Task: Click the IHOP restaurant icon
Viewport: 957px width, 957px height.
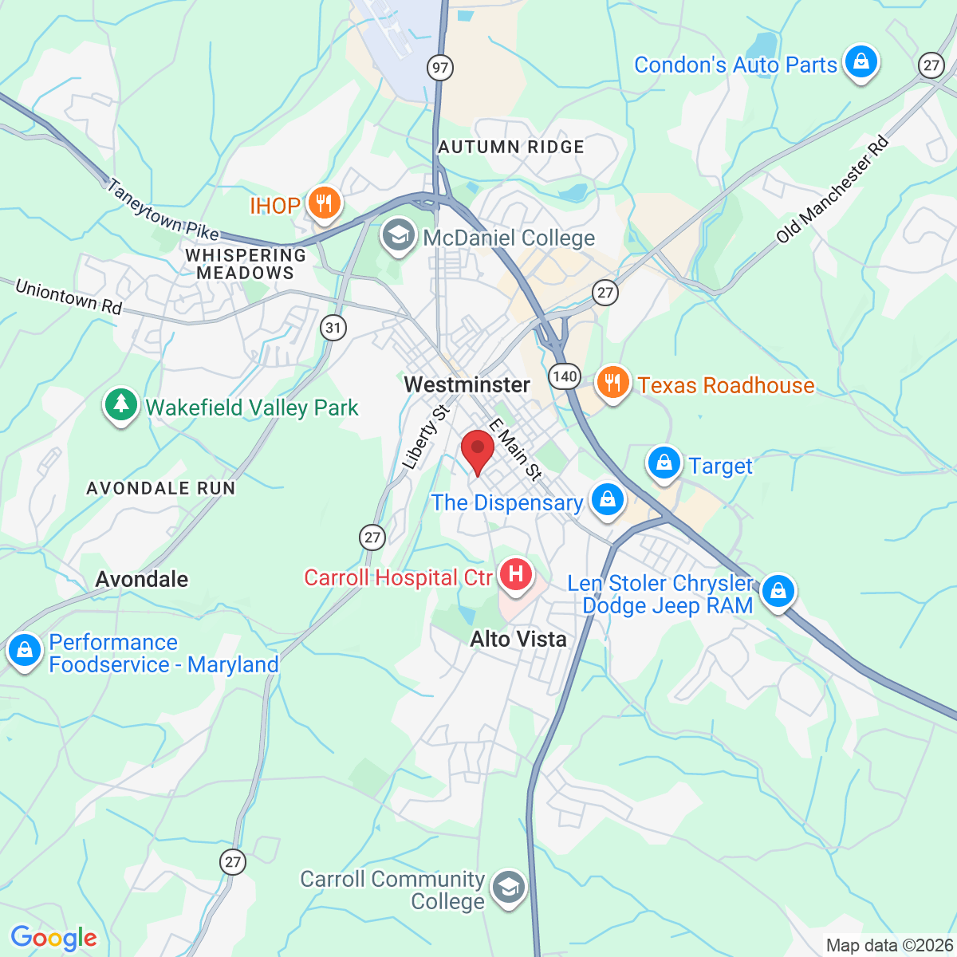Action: coord(323,204)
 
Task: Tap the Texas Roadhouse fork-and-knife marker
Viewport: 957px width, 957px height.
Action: coord(612,384)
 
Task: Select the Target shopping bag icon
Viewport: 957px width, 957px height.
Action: coord(664,463)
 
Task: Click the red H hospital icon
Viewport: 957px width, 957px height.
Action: coord(515,575)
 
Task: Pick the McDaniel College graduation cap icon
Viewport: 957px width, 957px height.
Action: coord(398,236)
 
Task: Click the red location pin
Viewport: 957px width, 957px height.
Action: coord(478,451)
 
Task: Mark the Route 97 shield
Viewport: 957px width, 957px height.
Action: coord(439,67)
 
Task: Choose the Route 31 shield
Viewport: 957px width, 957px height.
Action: coord(333,327)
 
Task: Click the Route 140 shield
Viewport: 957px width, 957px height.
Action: coord(564,376)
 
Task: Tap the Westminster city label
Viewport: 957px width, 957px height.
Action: coord(467,384)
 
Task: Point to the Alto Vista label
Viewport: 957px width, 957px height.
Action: coord(518,639)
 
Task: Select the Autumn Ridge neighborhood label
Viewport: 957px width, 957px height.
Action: coord(511,147)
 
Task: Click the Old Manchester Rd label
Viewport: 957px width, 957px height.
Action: coord(832,191)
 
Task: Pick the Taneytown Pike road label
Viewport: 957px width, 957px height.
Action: coord(163,210)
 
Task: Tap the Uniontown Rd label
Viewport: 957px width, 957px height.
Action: coord(68,297)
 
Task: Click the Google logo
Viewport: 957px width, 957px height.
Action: coord(53,938)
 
